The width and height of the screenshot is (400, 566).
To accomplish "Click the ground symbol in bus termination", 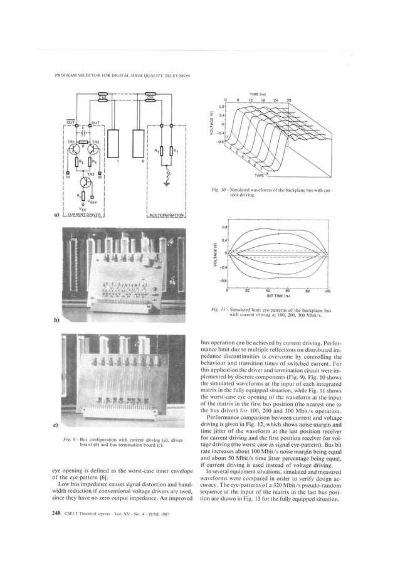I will pos(167,184).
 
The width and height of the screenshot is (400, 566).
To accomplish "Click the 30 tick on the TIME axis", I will pos(289,100).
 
